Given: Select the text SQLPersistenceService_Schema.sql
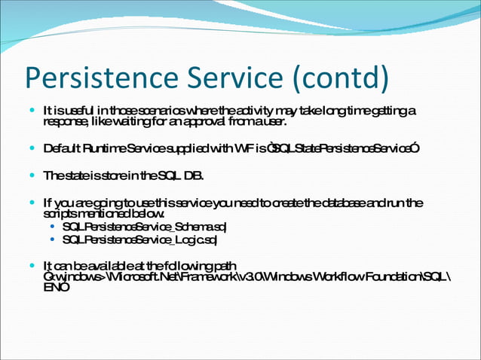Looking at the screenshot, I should [145, 227].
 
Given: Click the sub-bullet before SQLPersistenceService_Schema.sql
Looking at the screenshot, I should [51, 227].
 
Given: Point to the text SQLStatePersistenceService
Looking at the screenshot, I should [344, 148].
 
